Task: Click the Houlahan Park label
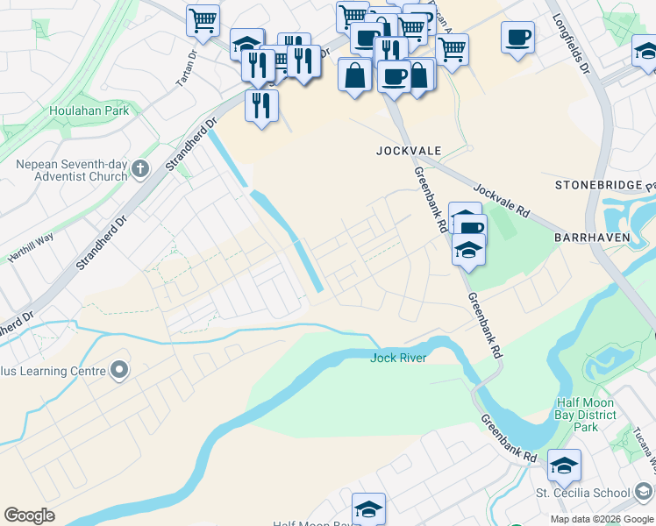pyautogui.click(x=89, y=110)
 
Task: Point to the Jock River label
pyautogui.click(x=398, y=358)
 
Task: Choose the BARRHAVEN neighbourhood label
pyautogui.click(x=588, y=238)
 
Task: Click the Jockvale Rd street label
pyautogui.click(x=503, y=201)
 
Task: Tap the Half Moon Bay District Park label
pyautogui.click(x=588, y=415)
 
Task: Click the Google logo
pyautogui.click(x=29, y=515)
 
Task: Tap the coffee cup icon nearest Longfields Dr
pyautogui.click(x=517, y=38)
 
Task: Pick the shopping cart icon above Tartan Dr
pyautogui.click(x=203, y=19)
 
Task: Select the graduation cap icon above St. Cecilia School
pyautogui.click(x=564, y=464)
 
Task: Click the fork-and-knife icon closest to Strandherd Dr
pyautogui.click(x=261, y=105)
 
